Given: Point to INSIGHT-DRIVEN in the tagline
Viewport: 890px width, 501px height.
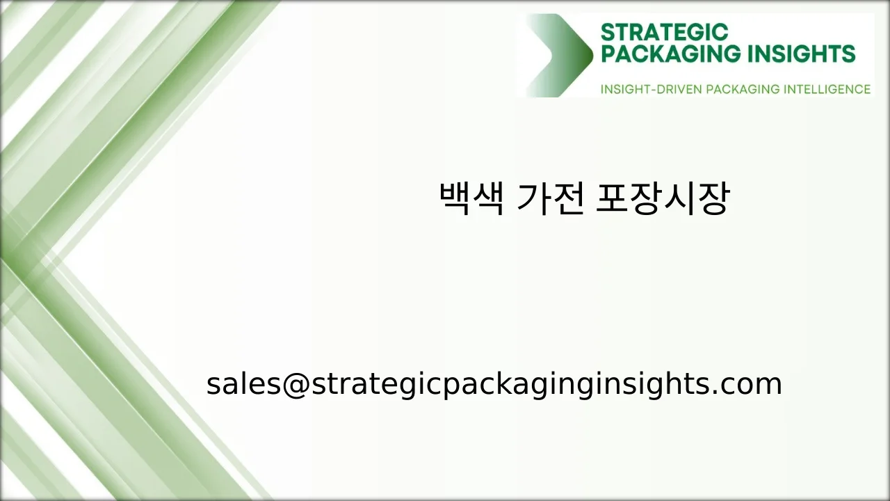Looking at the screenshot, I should click(x=651, y=89).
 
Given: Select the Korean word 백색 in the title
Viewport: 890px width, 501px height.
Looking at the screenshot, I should click(x=471, y=199).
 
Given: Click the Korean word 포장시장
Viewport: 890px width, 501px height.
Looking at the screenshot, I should click(x=663, y=199).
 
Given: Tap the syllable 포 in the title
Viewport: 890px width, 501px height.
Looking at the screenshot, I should click(x=612, y=199).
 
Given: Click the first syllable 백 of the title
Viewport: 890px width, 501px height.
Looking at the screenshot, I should click(x=455, y=199).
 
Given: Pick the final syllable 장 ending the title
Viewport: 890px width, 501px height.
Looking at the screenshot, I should click(x=713, y=199).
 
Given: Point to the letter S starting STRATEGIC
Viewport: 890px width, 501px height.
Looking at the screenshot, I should click(x=606, y=32).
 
